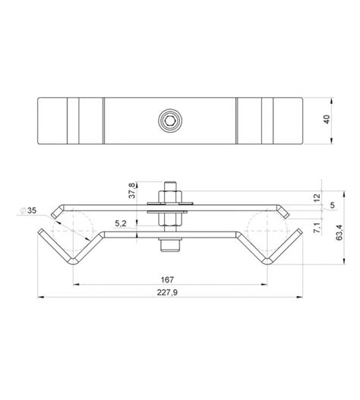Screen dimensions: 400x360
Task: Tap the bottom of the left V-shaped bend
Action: click(x=73, y=261)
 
